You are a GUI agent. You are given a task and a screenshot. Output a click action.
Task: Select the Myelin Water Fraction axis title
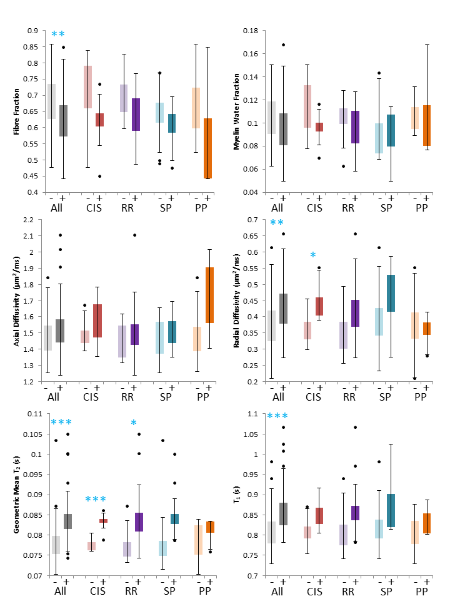tap(234, 111)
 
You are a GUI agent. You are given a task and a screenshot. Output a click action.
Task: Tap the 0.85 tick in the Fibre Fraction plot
tap(31, 47)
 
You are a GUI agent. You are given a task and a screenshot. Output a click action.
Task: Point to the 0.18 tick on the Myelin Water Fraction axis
tap(250, 30)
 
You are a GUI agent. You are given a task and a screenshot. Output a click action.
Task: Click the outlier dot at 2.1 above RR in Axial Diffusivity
tap(134, 235)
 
